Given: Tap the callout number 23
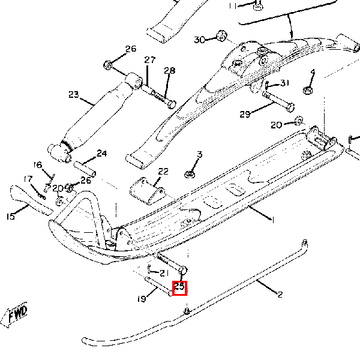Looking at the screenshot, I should pyautogui.click(x=74, y=94).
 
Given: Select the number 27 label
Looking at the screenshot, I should pyautogui.click(x=149, y=60).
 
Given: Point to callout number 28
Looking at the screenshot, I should pyautogui.click(x=169, y=71).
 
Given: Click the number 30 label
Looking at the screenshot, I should pyautogui.click(x=200, y=40).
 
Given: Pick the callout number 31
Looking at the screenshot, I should pyautogui.click(x=284, y=83).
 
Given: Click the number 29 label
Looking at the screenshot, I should pyautogui.click(x=245, y=114).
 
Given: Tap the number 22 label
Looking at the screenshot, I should pyautogui.click(x=164, y=171).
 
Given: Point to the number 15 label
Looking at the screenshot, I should pyautogui.click(x=11, y=217).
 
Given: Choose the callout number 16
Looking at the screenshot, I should pyautogui.click(x=38, y=165).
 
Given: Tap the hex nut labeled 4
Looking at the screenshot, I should pyautogui.click(x=305, y=90).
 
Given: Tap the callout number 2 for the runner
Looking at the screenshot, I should pyautogui.click(x=280, y=294).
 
